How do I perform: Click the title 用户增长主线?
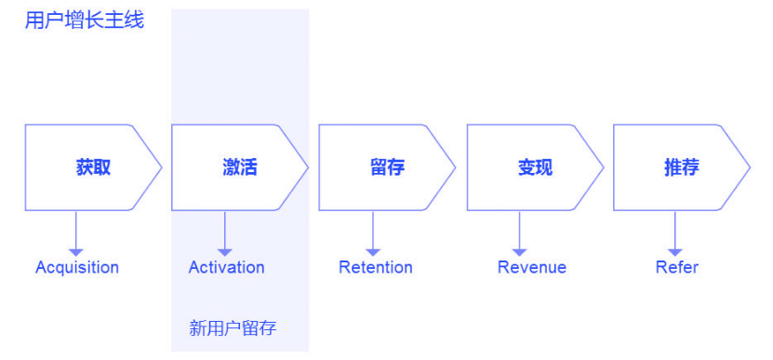coord(85,20)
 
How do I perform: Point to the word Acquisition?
coord(77,268)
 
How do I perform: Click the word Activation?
coord(226,268)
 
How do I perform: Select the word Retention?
coord(375,268)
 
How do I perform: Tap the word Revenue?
coord(531,268)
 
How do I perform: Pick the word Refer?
coord(676,268)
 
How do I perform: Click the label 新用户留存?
coord(233,328)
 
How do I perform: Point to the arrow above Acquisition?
coord(76,233)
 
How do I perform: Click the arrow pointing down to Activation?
coord(224,233)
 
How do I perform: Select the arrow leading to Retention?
coord(373,233)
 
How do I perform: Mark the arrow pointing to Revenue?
coord(520,233)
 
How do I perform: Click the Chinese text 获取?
coord(93,167)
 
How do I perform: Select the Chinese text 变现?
coord(535,167)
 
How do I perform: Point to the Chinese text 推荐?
coord(681,167)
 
